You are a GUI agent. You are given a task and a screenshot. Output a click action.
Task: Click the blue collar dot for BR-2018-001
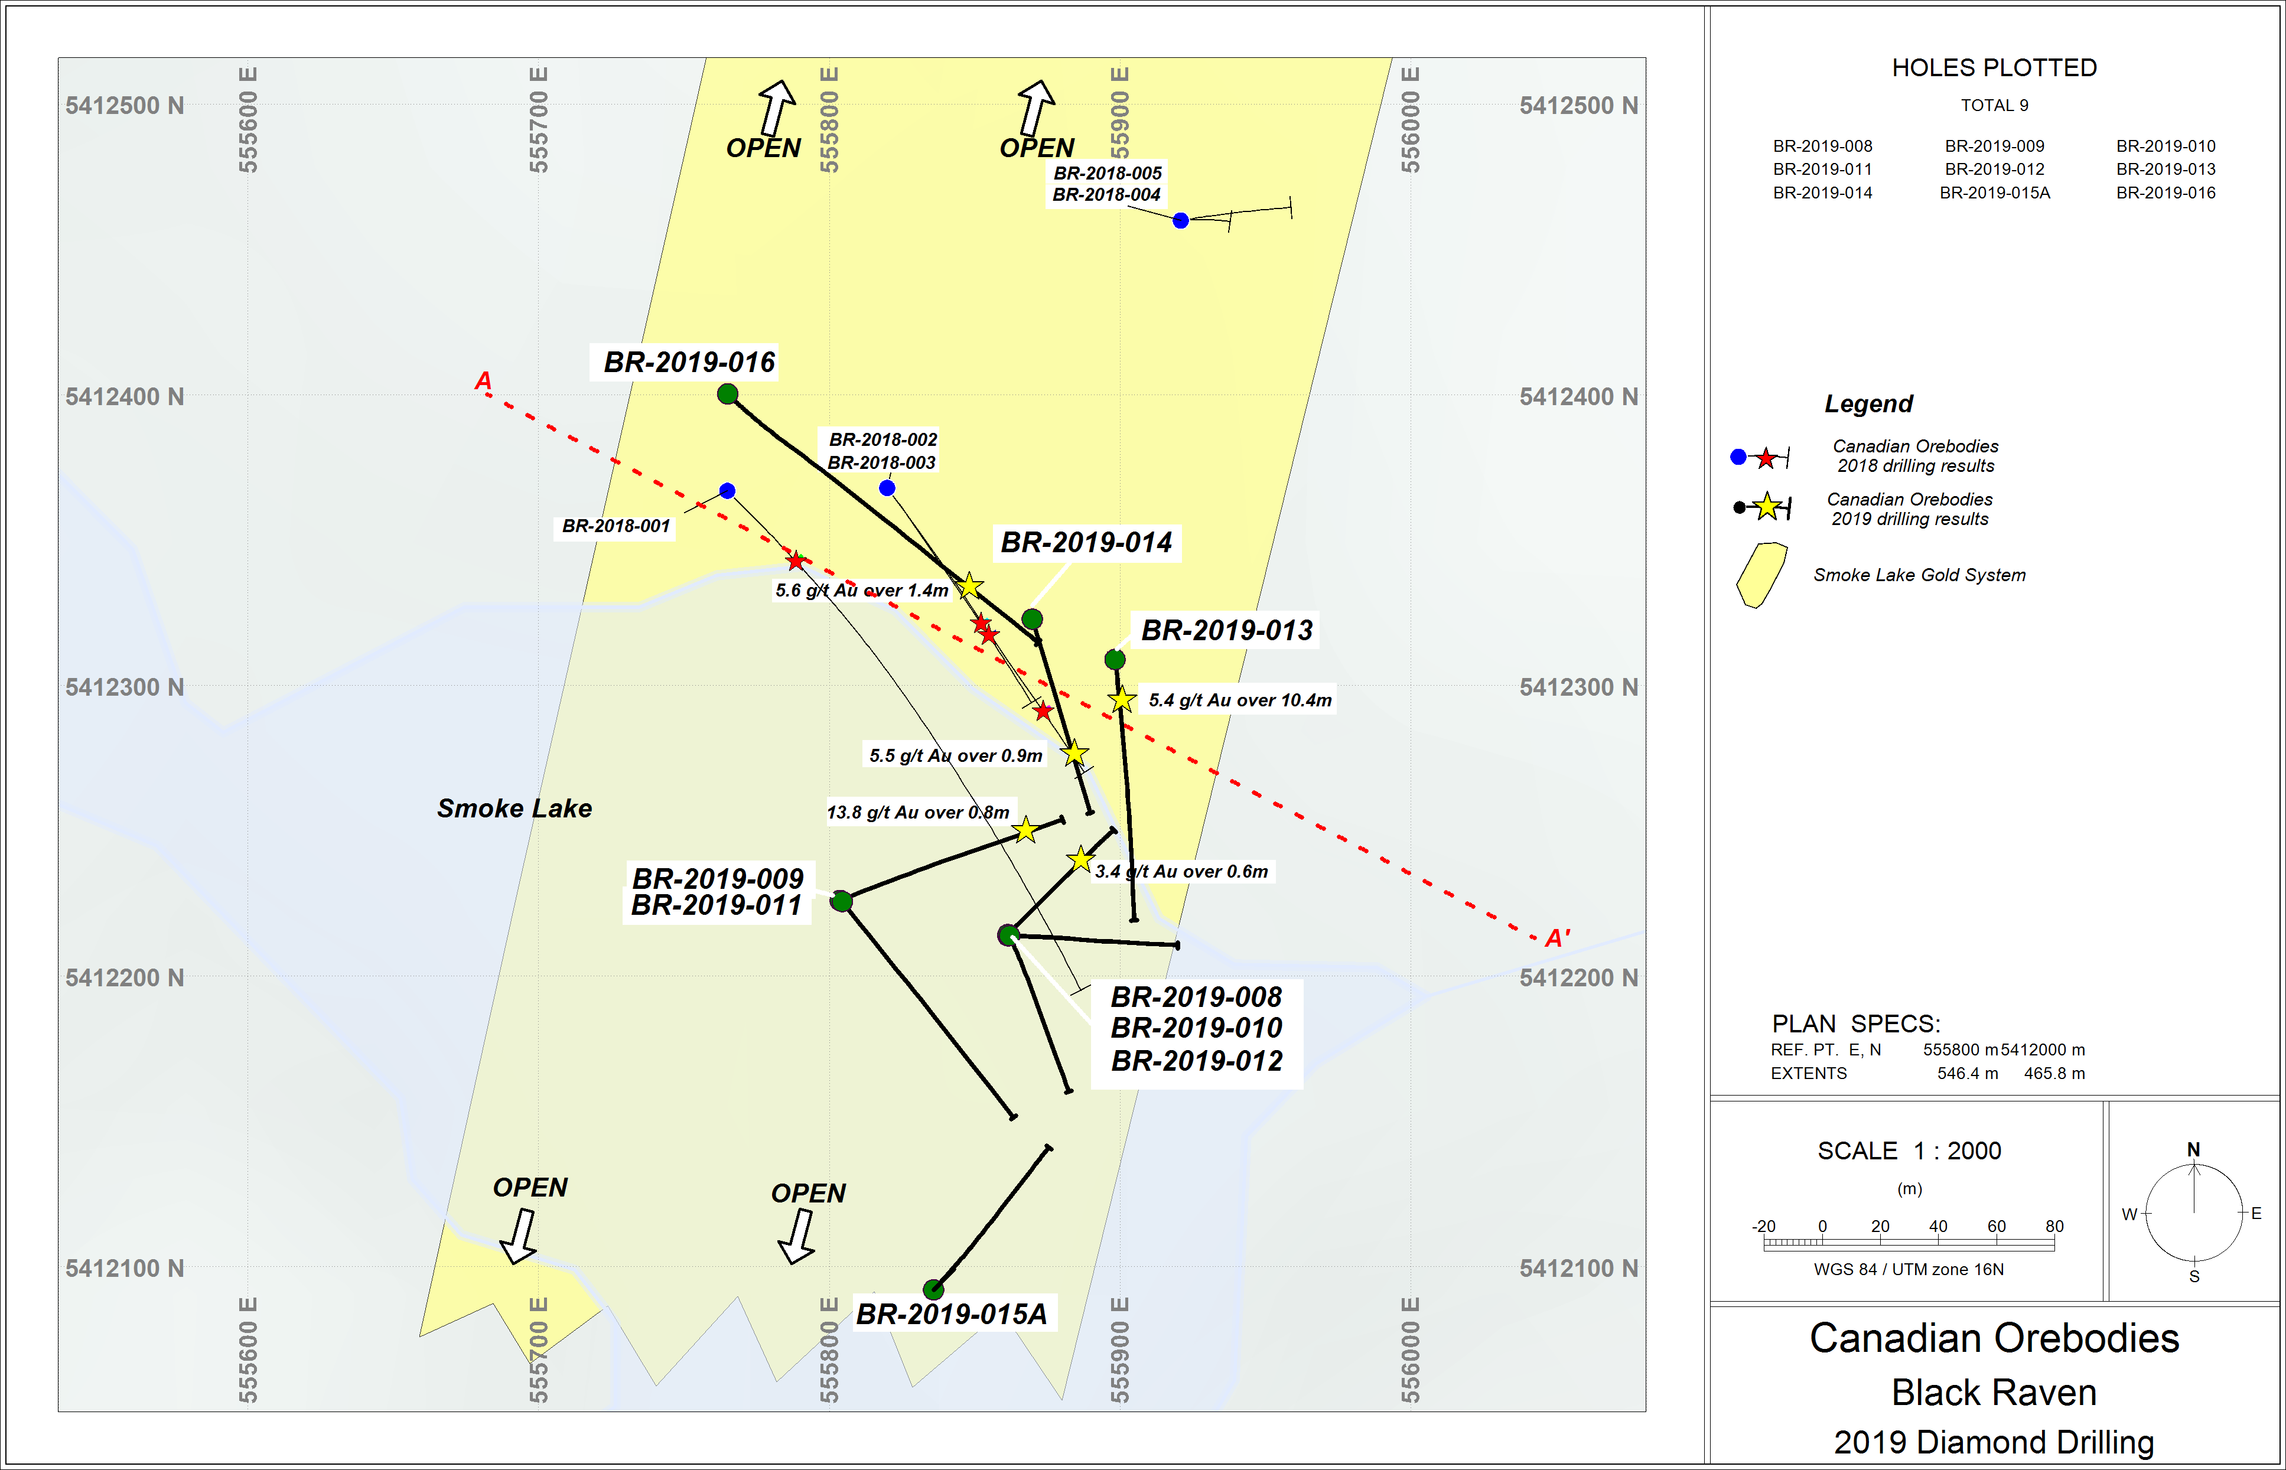[x=727, y=491]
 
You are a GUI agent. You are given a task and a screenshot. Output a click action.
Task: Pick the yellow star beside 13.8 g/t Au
[x=1025, y=830]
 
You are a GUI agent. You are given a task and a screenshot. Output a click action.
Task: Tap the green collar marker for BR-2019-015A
[x=933, y=1290]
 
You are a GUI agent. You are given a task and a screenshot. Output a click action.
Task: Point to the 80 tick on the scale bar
[x=2054, y=1227]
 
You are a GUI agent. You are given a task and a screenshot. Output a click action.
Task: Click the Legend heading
[x=1868, y=404]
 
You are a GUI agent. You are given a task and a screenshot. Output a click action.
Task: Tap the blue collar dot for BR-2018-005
[x=1181, y=220]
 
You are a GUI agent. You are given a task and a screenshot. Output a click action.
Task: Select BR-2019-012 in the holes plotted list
[x=1994, y=169]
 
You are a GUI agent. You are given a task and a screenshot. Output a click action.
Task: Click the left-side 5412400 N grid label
[x=124, y=397]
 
